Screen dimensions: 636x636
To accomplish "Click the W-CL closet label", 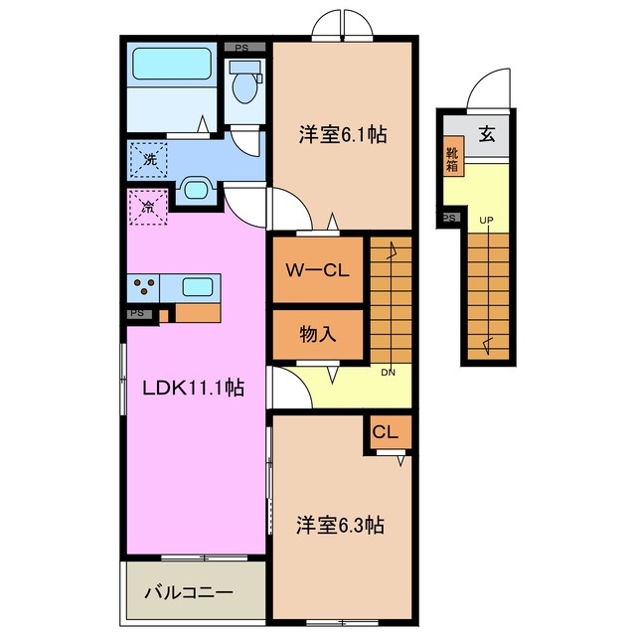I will (315, 270).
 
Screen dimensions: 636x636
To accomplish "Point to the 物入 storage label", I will (317, 334).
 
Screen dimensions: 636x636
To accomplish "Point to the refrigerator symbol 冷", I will (147, 208).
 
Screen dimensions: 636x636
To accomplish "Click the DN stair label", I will (390, 373).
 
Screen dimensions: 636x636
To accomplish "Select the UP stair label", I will (487, 220).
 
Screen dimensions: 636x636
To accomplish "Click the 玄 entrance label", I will (488, 134).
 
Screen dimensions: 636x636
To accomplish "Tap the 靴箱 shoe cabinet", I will (452, 159).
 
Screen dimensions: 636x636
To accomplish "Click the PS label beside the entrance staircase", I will (448, 218).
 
